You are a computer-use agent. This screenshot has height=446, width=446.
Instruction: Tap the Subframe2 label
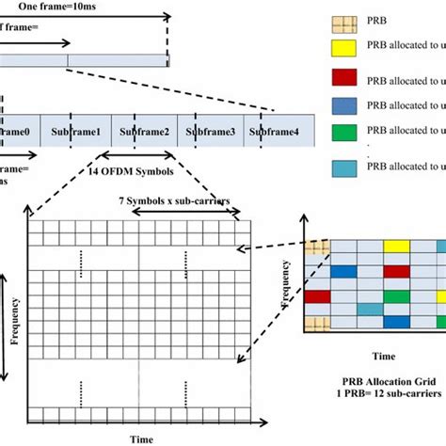[149, 131]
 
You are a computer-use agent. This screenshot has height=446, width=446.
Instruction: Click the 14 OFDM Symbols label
[133, 170]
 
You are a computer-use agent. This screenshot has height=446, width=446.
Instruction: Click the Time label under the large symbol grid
[141, 438]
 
